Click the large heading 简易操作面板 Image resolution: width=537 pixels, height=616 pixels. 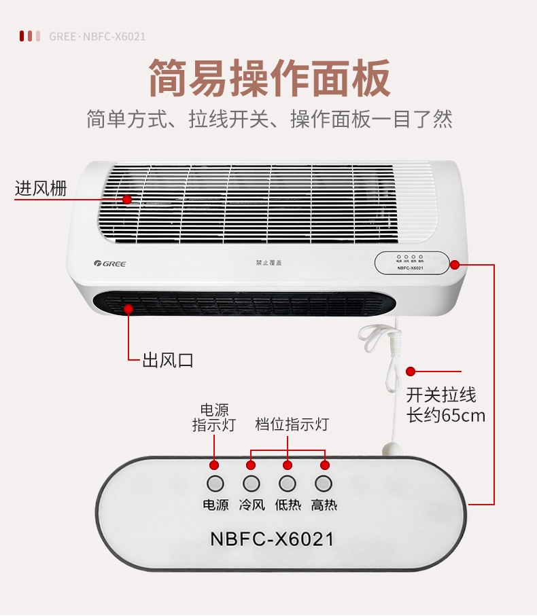pyautogui.click(x=269, y=78)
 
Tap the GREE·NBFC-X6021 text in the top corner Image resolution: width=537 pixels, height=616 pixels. pyautogui.click(x=97, y=36)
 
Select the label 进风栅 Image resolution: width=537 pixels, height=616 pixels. pyautogui.click(x=41, y=189)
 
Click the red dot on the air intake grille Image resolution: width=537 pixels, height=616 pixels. pyautogui.click(x=127, y=199)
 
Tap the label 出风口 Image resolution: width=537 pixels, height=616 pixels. pyautogui.click(x=167, y=360)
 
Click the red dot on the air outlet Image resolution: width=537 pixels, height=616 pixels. pyautogui.click(x=128, y=309)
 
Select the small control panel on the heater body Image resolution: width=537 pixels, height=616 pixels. pyautogui.click(x=411, y=263)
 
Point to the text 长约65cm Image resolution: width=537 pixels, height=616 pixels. pyautogui.click(x=446, y=415)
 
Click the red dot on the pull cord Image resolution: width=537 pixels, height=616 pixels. pyautogui.click(x=411, y=371)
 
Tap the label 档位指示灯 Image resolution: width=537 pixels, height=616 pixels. pyautogui.click(x=292, y=424)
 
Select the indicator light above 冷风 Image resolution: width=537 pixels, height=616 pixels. pyautogui.click(x=251, y=484)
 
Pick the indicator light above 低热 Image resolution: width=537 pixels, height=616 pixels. pyautogui.click(x=287, y=484)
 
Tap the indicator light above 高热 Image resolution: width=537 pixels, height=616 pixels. pyautogui.click(x=324, y=484)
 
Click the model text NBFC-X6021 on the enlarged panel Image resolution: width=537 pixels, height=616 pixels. pyautogui.click(x=272, y=539)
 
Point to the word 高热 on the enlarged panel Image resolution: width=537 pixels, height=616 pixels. pyautogui.click(x=324, y=505)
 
